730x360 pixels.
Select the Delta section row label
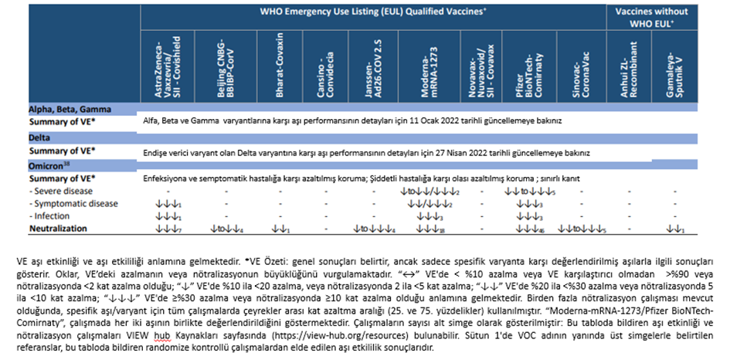[40, 138]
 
